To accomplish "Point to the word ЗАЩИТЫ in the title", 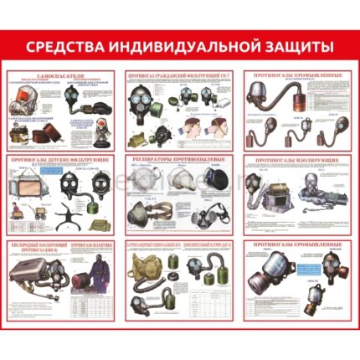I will (290, 46).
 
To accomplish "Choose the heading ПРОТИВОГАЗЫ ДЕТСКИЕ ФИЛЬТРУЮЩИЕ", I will (59, 159).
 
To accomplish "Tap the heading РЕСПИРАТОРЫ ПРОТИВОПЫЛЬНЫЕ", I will (179, 159).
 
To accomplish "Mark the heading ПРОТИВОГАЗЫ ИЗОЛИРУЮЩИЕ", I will (296, 159).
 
